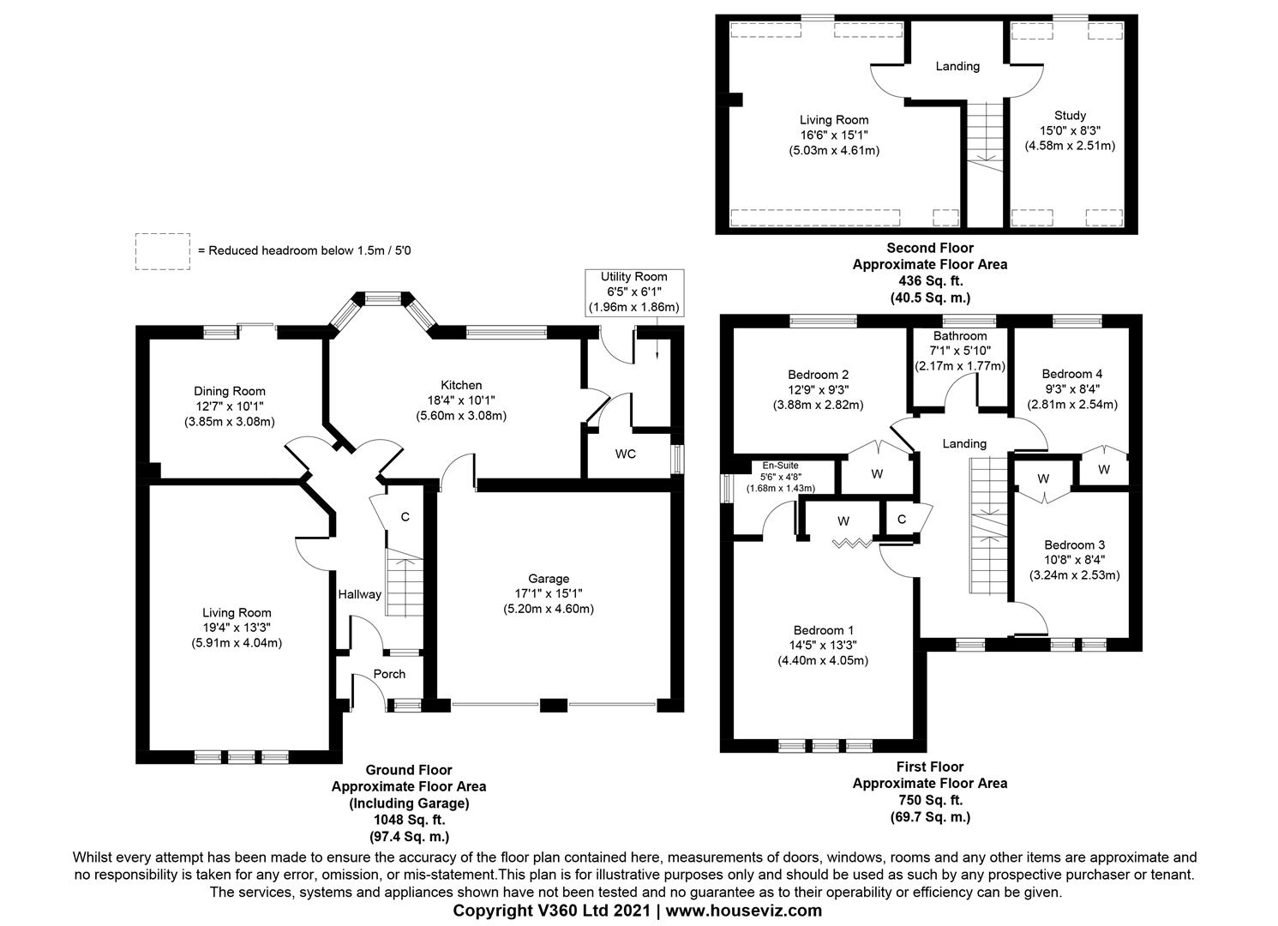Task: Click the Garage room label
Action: coord(549,579)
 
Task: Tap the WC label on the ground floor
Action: coord(625,454)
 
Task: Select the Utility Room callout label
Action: coord(633,277)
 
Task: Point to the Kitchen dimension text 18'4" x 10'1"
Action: coord(461,400)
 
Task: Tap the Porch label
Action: coord(389,674)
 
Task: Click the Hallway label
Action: coord(359,594)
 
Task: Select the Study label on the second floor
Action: coord(1070,115)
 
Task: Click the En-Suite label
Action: coord(780,466)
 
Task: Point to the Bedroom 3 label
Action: coord(1074,544)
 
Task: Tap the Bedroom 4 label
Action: coord(1071,374)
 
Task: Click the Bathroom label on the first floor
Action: coord(960,336)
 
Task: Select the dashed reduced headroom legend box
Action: coord(163,251)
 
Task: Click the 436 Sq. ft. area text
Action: coord(929,281)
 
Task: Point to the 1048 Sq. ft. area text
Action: coord(409,820)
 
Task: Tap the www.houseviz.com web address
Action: coord(742,911)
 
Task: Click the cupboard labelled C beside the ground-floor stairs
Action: coord(405,517)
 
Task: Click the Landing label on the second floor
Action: coord(957,66)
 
